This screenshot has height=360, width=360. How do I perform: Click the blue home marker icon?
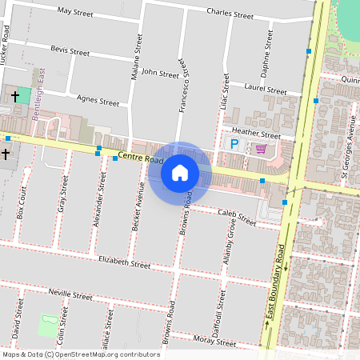point(180,172)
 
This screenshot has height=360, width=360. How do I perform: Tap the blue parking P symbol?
point(234,145)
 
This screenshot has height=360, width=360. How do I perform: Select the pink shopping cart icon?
point(261,148)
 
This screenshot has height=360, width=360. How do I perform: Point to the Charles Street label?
point(230,14)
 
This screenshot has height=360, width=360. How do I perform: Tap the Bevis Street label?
point(70,50)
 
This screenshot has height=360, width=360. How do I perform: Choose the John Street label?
point(159,73)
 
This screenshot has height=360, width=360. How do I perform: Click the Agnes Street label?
point(98,101)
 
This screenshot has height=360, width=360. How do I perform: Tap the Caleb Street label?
point(235,216)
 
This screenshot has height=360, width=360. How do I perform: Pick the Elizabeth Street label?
point(124,262)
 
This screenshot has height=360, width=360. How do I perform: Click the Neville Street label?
point(70,294)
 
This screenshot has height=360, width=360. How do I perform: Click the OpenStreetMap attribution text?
point(81,354)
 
